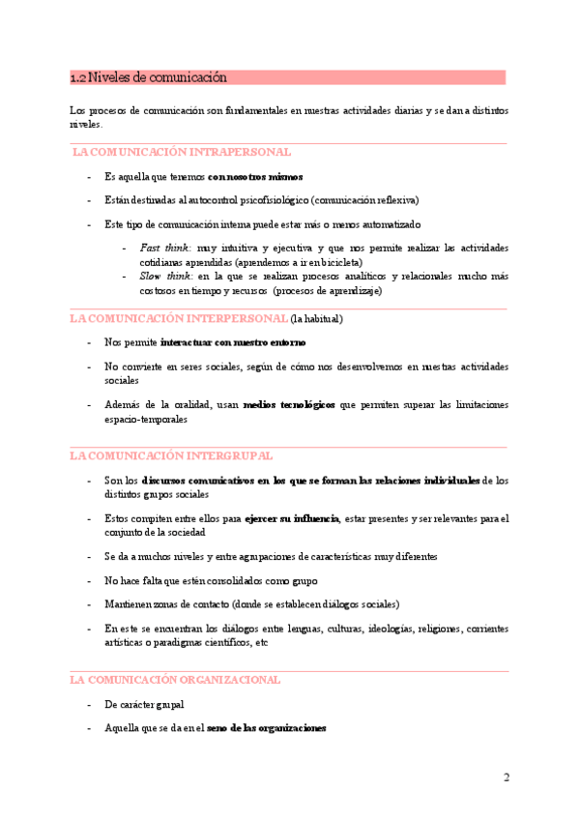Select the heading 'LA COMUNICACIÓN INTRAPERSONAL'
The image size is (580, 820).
182,153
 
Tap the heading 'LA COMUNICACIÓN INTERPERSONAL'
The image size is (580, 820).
179,318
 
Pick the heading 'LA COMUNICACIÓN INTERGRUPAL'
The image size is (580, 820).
172,454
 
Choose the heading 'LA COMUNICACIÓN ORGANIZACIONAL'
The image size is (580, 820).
175,680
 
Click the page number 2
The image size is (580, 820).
506,777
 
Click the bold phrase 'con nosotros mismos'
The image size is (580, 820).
255,177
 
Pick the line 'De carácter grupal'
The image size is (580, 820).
144,705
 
